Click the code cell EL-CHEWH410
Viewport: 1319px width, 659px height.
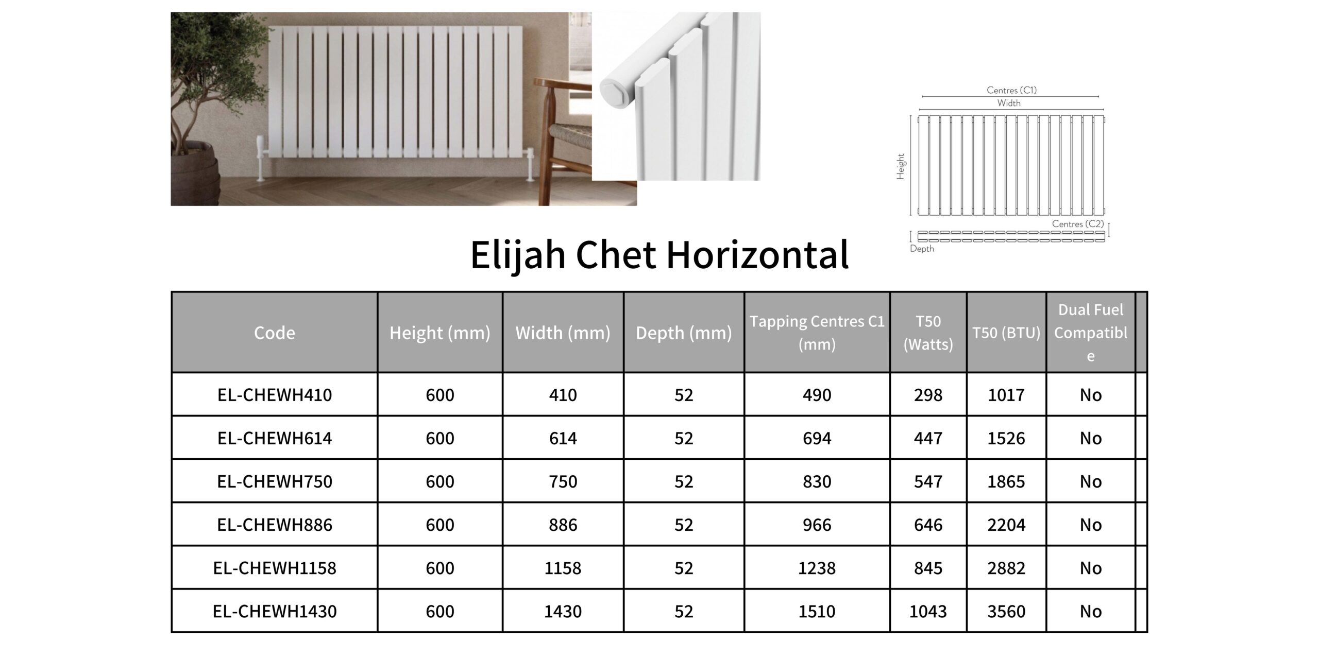pyautogui.click(x=275, y=395)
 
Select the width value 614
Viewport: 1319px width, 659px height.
pyautogui.click(x=563, y=438)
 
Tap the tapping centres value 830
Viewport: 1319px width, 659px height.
pyautogui.click(x=817, y=481)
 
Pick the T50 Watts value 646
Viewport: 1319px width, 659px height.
pyautogui.click(x=928, y=525)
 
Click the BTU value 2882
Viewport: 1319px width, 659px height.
pyautogui.click(x=1006, y=568)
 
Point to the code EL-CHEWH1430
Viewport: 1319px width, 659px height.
pyautogui.click(x=275, y=611)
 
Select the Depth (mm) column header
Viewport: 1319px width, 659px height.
pyautogui.click(x=684, y=333)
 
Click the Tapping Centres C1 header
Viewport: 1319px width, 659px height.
pyautogui.click(x=817, y=333)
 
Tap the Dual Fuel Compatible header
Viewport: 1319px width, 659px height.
pyautogui.click(x=1091, y=333)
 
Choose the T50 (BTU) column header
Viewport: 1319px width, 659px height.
pyautogui.click(x=1006, y=333)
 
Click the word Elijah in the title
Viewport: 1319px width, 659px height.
pyautogui.click(x=517, y=255)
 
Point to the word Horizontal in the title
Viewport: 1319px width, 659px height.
pyautogui.click(x=757, y=255)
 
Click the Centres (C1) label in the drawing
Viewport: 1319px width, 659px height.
pyautogui.click(x=1011, y=90)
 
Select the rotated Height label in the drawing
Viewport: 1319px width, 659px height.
pyautogui.click(x=901, y=166)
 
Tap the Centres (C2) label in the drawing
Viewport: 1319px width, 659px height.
pyautogui.click(x=1078, y=224)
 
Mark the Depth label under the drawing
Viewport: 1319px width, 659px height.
pyautogui.click(x=922, y=249)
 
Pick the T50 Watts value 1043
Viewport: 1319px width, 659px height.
pyautogui.click(x=928, y=611)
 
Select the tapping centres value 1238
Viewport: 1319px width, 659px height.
pyautogui.click(x=817, y=568)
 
